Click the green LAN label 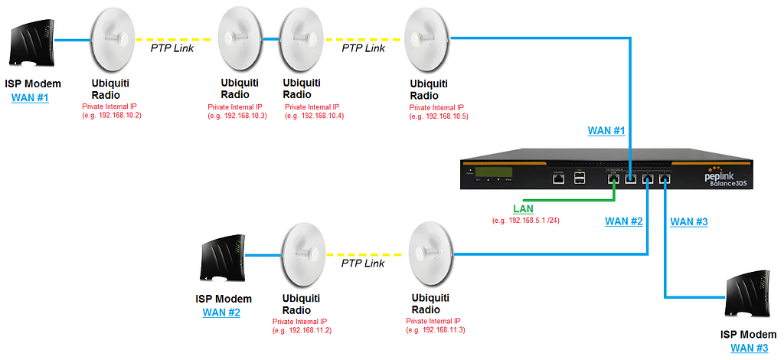pyautogui.click(x=524, y=208)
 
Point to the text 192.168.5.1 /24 pyautogui.click(x=528, y=221)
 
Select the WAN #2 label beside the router pyautogui.click(x=624, y=221)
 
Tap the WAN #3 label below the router pyautogui.click(x=689, y=222)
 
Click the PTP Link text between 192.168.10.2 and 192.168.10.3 pyautogui.click(x=171, y=48)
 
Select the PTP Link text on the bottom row pyautogui.click(x=363, y=263)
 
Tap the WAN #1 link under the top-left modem pyautogui.click(x=30, y=97)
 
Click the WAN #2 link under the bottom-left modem pyautogui.click(x=221, y=313)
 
